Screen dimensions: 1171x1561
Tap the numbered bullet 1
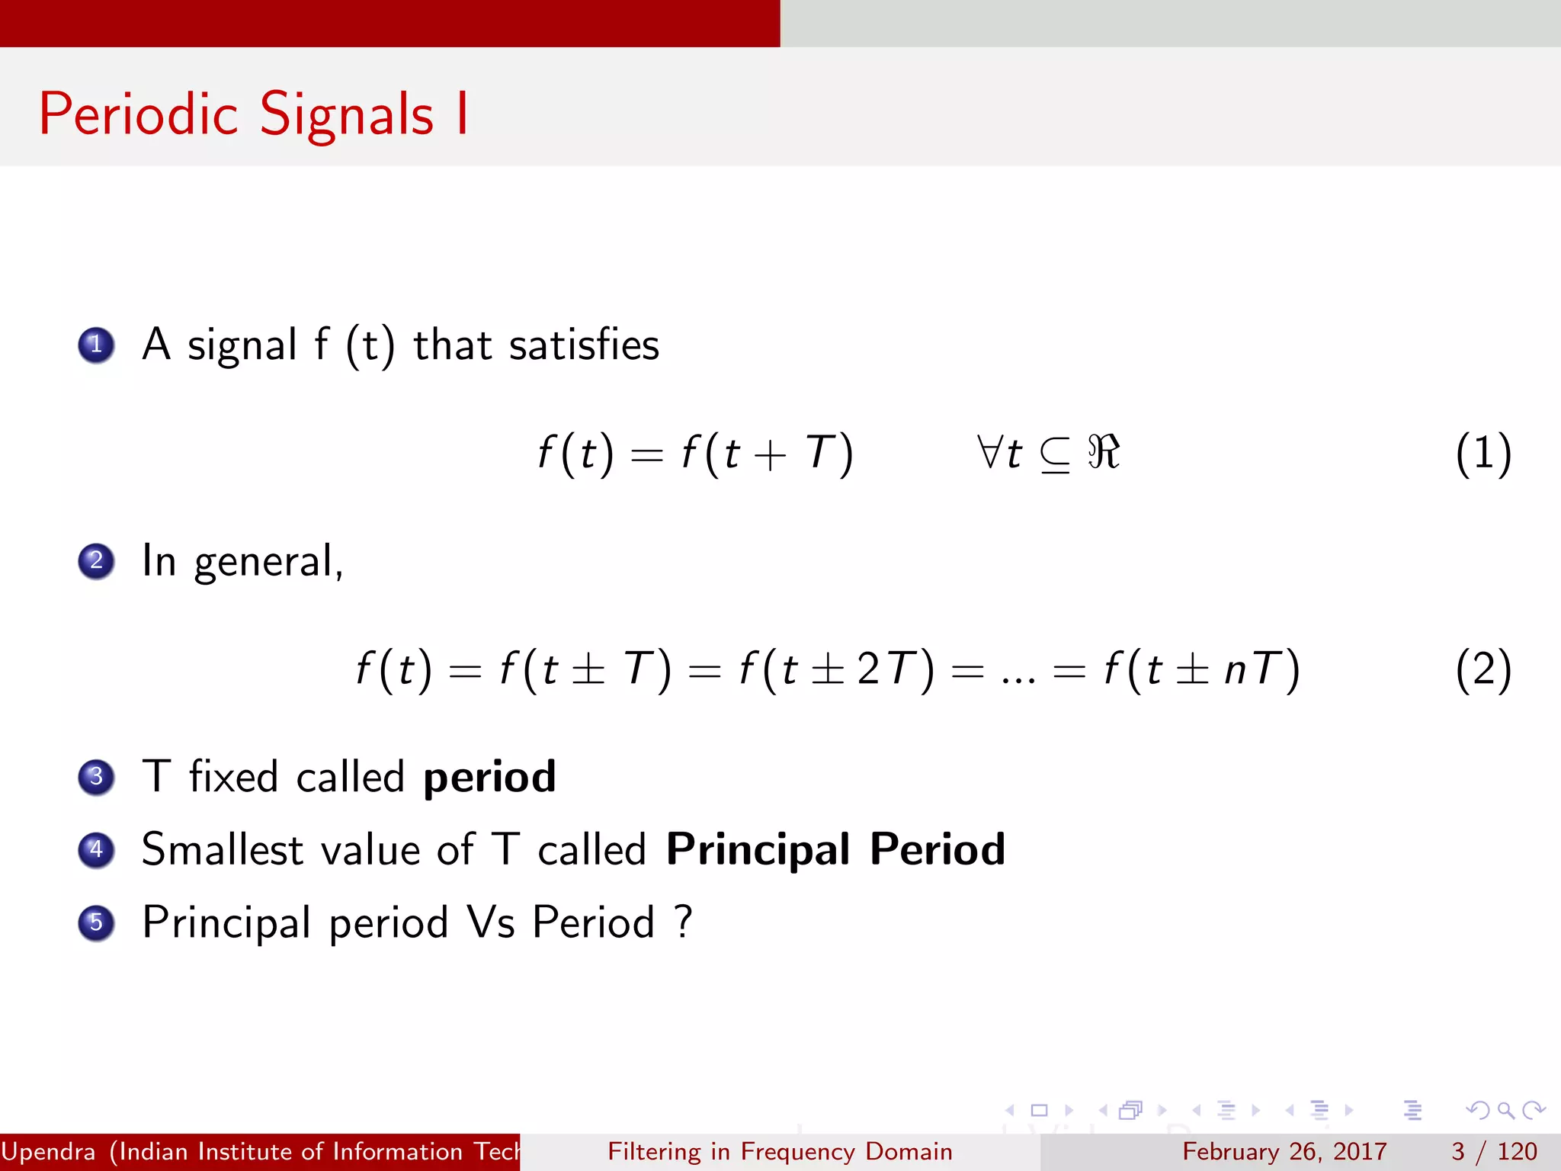[96, 345]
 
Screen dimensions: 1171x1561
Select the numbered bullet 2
[96, 561]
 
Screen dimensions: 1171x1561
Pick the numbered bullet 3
[96, 777]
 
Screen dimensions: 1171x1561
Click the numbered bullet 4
[96, 850]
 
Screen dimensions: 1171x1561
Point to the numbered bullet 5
[96, 922]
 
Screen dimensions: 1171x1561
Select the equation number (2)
[1483, 670]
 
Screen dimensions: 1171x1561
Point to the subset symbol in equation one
[1055, 455]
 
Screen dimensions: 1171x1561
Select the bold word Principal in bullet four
[758, 851]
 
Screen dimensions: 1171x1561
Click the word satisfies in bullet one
[584, 345]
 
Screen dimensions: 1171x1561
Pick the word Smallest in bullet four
[223, 849]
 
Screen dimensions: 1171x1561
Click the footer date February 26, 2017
[1284, 1151]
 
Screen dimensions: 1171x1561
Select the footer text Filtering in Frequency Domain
[780, 1151]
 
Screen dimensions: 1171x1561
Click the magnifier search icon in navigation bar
[1505, 1110]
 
